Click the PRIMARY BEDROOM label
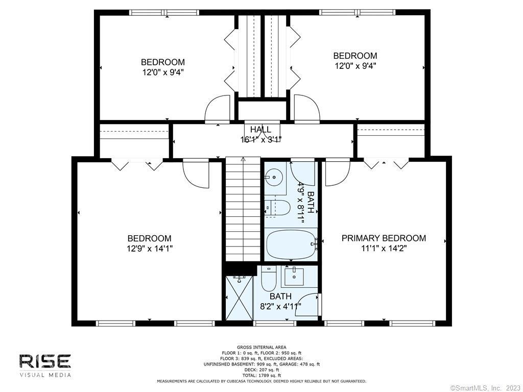tap(384, 238)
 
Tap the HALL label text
tap(260, 129)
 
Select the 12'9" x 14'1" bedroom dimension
tap(150, 249)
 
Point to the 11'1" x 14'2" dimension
tap(384, 249)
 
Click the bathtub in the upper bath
tap(291, 245)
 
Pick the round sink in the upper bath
tap(275, 176)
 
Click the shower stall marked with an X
tap(239, 298)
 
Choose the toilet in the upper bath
tap(277, 208)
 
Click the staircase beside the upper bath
tap(243, 209)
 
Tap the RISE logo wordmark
tap(45, 361)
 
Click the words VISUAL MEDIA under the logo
tap(45, 375)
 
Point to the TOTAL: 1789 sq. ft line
tap(261, 375)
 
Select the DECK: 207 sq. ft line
tap(261, 370)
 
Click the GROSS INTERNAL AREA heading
tap(261, 347)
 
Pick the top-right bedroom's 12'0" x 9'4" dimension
tap(355, 66)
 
